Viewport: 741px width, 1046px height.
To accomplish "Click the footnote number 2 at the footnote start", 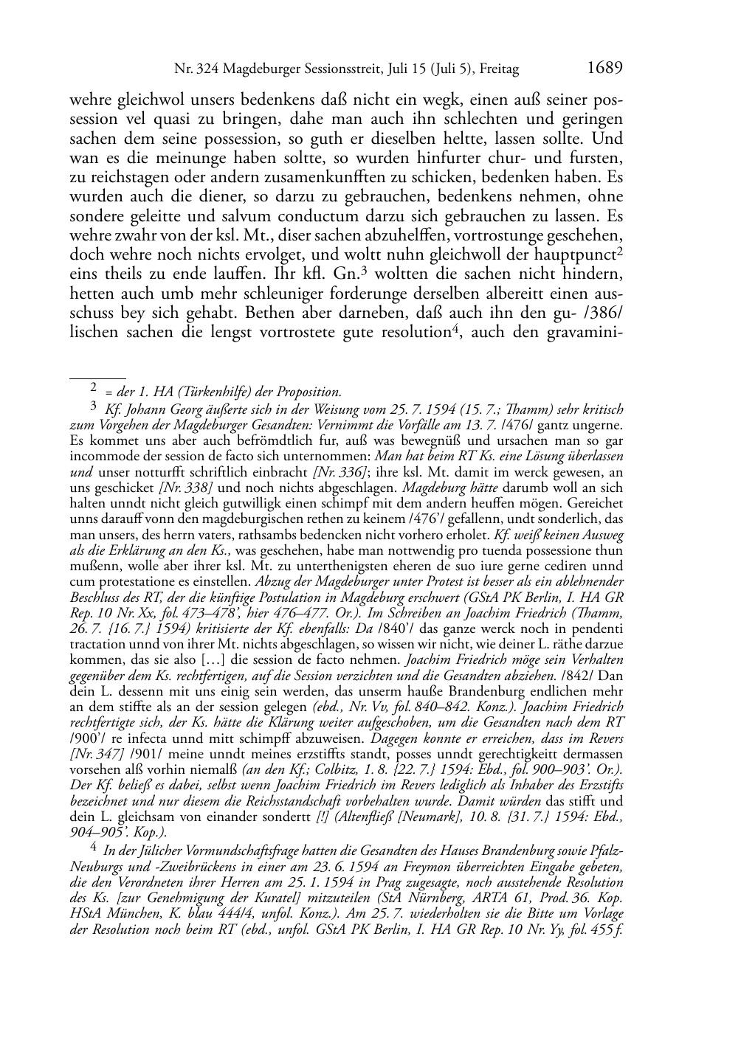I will (x=94, y=386).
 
